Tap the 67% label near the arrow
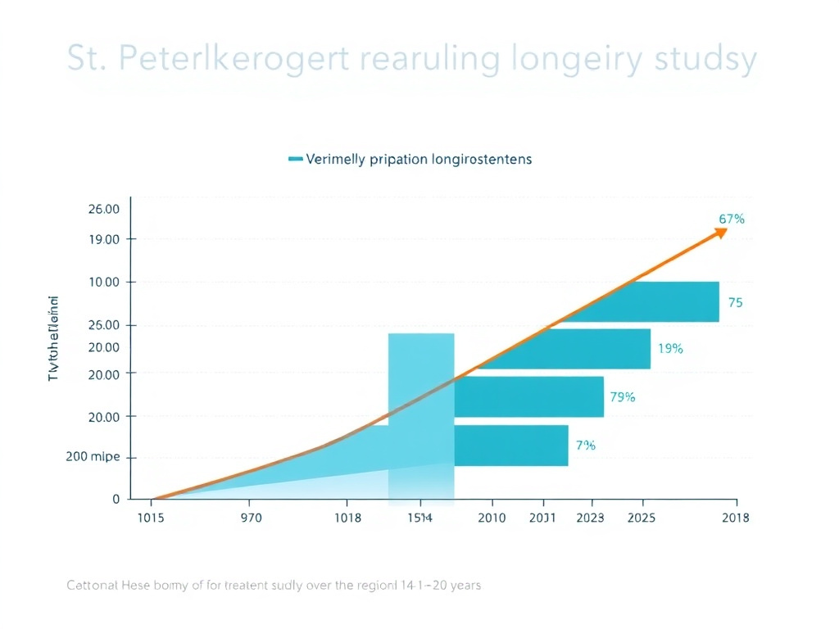pyautogui.click(x=731, y=219)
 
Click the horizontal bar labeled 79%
pyautogui.click(x=528, y=396)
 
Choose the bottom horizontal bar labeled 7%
pyautogui.click(x=510, y=446)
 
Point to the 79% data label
pyautogui.click(x=623, y=397)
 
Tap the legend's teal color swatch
pyautogui.click(x=296, y=159)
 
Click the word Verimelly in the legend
pyautogui.click(x=336, y=159)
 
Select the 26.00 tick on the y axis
pyautogui.click(x=103, y=209)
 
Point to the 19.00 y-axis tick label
pyautogui.click(x=103, y=239)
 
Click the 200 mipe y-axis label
pyautogui.click(x=93, y=457)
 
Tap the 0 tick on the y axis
pyautogui.click(x=116, y=499)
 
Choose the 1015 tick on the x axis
pyautogui.click(x=151, y=518)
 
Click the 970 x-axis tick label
pyautogui.click(x=249, y=518)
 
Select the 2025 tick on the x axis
pyautogui.click(x=641, y=518)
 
